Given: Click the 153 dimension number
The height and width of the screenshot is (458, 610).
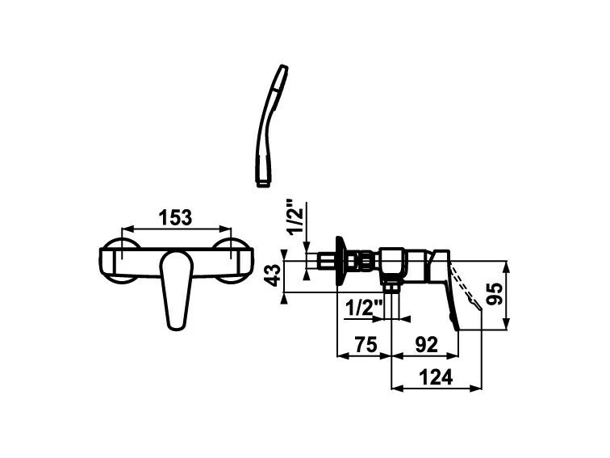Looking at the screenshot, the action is [175, 217].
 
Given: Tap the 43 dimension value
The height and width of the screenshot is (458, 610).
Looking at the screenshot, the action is [275, 275].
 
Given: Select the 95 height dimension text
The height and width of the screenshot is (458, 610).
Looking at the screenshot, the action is [495, 294].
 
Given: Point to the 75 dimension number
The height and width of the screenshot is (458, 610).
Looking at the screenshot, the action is [366, 345].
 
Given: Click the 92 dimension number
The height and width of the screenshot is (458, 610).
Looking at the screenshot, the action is [427, 345].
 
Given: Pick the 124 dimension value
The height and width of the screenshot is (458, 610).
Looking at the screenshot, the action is [436, 377].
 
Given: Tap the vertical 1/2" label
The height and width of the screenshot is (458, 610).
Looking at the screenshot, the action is [295, 216].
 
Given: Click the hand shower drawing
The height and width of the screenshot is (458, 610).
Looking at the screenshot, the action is [271, 125].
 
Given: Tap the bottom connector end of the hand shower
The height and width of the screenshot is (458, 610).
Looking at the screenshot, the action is [264, 183].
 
